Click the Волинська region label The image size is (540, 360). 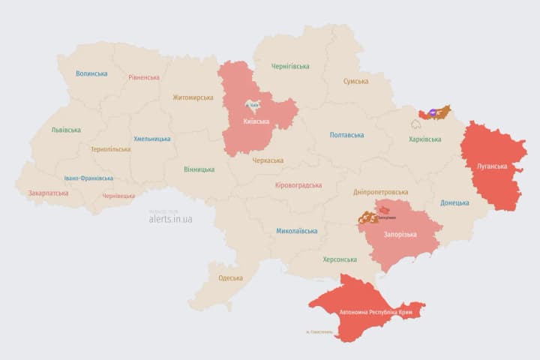[91, 73]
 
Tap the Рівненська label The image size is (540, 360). [144, 77]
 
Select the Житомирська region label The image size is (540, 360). [193, 97]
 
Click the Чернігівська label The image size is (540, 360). [289, 66]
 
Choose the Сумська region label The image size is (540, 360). [355, 81]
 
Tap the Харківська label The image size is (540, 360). [425, 139]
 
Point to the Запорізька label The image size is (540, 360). [400, 235]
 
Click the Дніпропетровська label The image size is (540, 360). [381, 192]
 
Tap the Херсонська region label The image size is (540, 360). [340, 259]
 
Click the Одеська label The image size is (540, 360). [230, 278]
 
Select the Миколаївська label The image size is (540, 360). [296, 231]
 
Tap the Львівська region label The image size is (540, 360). [66, 130]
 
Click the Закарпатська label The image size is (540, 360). [48, 193]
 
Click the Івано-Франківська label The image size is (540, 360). [88, 178]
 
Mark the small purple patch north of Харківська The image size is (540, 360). [434, 112]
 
